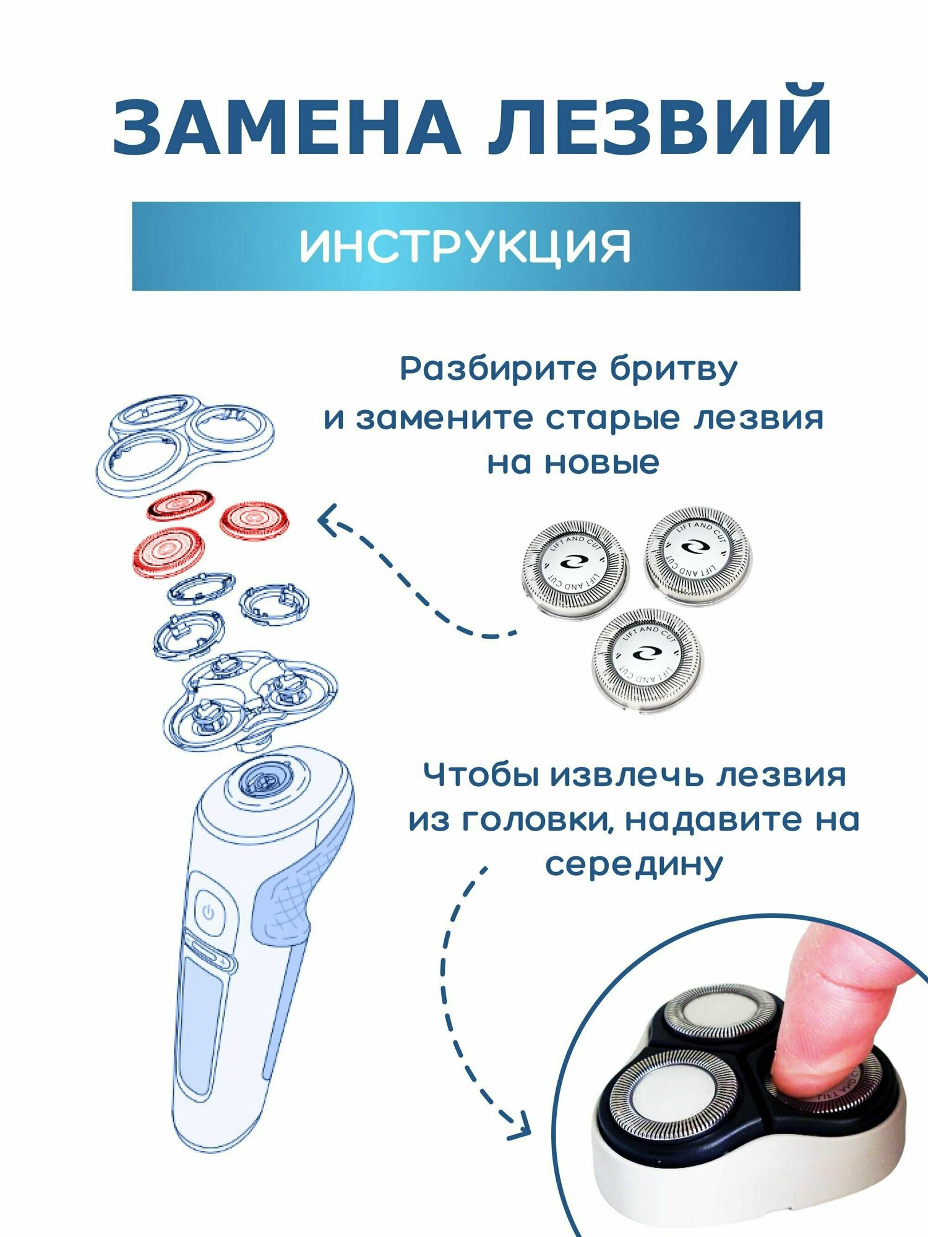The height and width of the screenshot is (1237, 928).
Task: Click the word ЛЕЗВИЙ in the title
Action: [659, 121]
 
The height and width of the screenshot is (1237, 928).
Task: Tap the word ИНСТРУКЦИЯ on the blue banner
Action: [465, 246]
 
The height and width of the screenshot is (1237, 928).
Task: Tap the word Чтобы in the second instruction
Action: [483, 775]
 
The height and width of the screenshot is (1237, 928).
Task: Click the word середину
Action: [634, 865]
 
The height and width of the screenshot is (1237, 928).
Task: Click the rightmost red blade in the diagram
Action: [254, 518]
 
